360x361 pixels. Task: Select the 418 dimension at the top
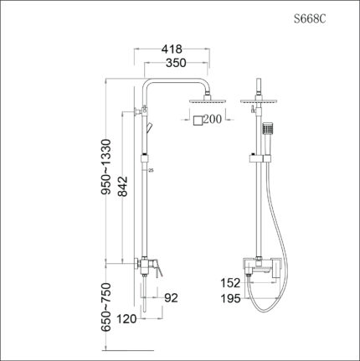pyautogui.click(x=174, y=49)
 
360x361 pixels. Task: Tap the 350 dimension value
pyautogui.click(x=174, y=64)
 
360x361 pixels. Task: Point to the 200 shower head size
pyautogui.click(x=212, y=121)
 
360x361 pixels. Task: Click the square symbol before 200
pyautogui.click(x=198, y=121)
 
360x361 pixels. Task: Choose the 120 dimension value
pyautogui.click(x=126, y=318)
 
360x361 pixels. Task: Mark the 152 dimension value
pyautogui.click(x=231, y=283)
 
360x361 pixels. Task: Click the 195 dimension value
pyautogui.click(x=231, y=297)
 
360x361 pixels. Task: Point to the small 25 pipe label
pyautogui.click(x=151, y=171)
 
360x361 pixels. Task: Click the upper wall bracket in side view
pyautogui.click(x=138, y=111)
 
